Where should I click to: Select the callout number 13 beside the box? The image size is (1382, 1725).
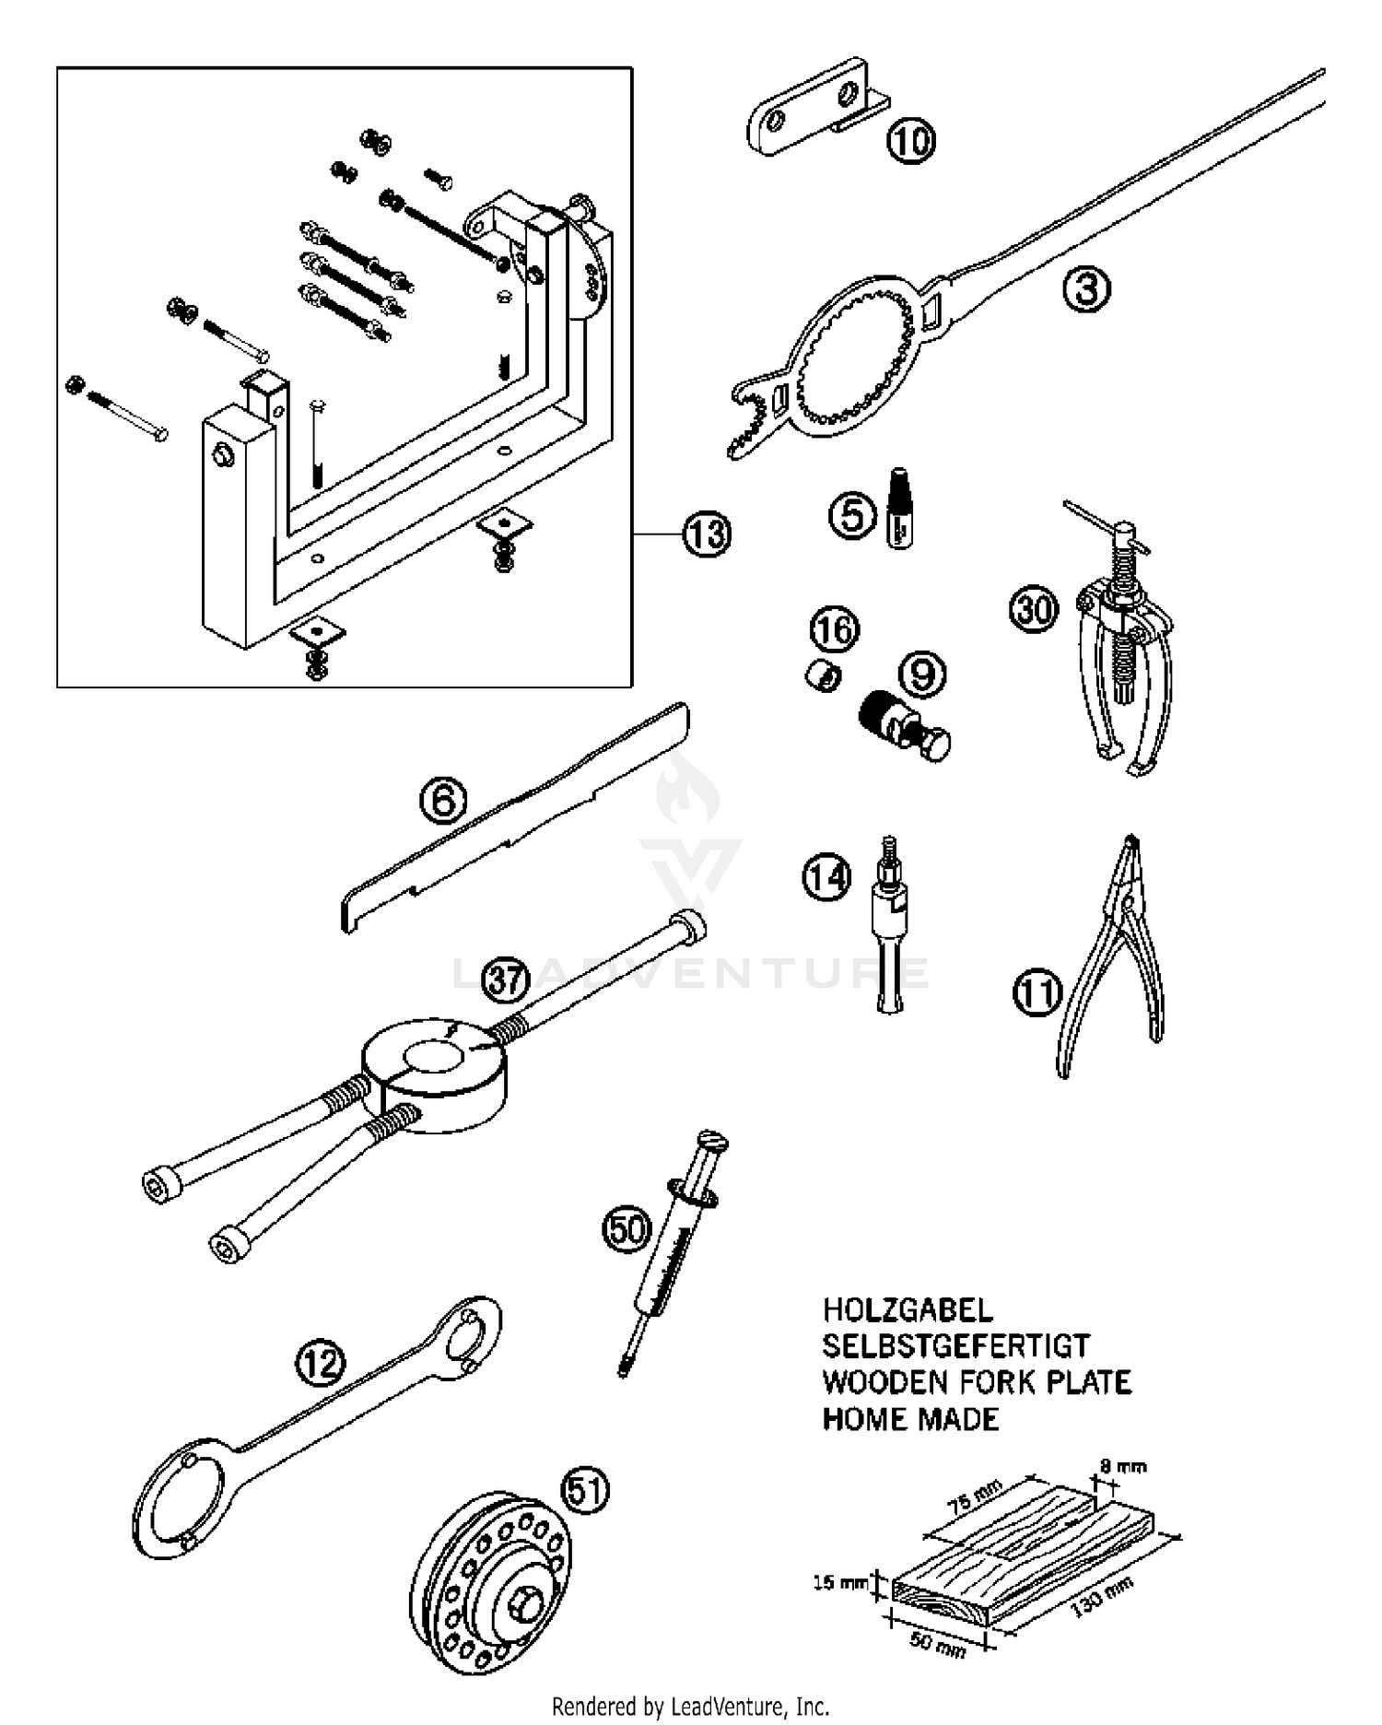point(707,534)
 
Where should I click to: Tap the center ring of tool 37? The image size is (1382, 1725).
point(433,1067)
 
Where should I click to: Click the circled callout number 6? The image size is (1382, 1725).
point(444,801)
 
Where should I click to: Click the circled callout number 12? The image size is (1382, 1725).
point(320,1363)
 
